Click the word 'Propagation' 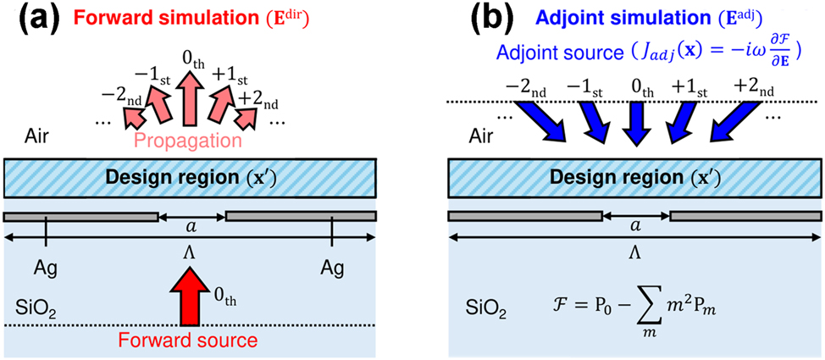tap(191, 138)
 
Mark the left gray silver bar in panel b tap(524, 216)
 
